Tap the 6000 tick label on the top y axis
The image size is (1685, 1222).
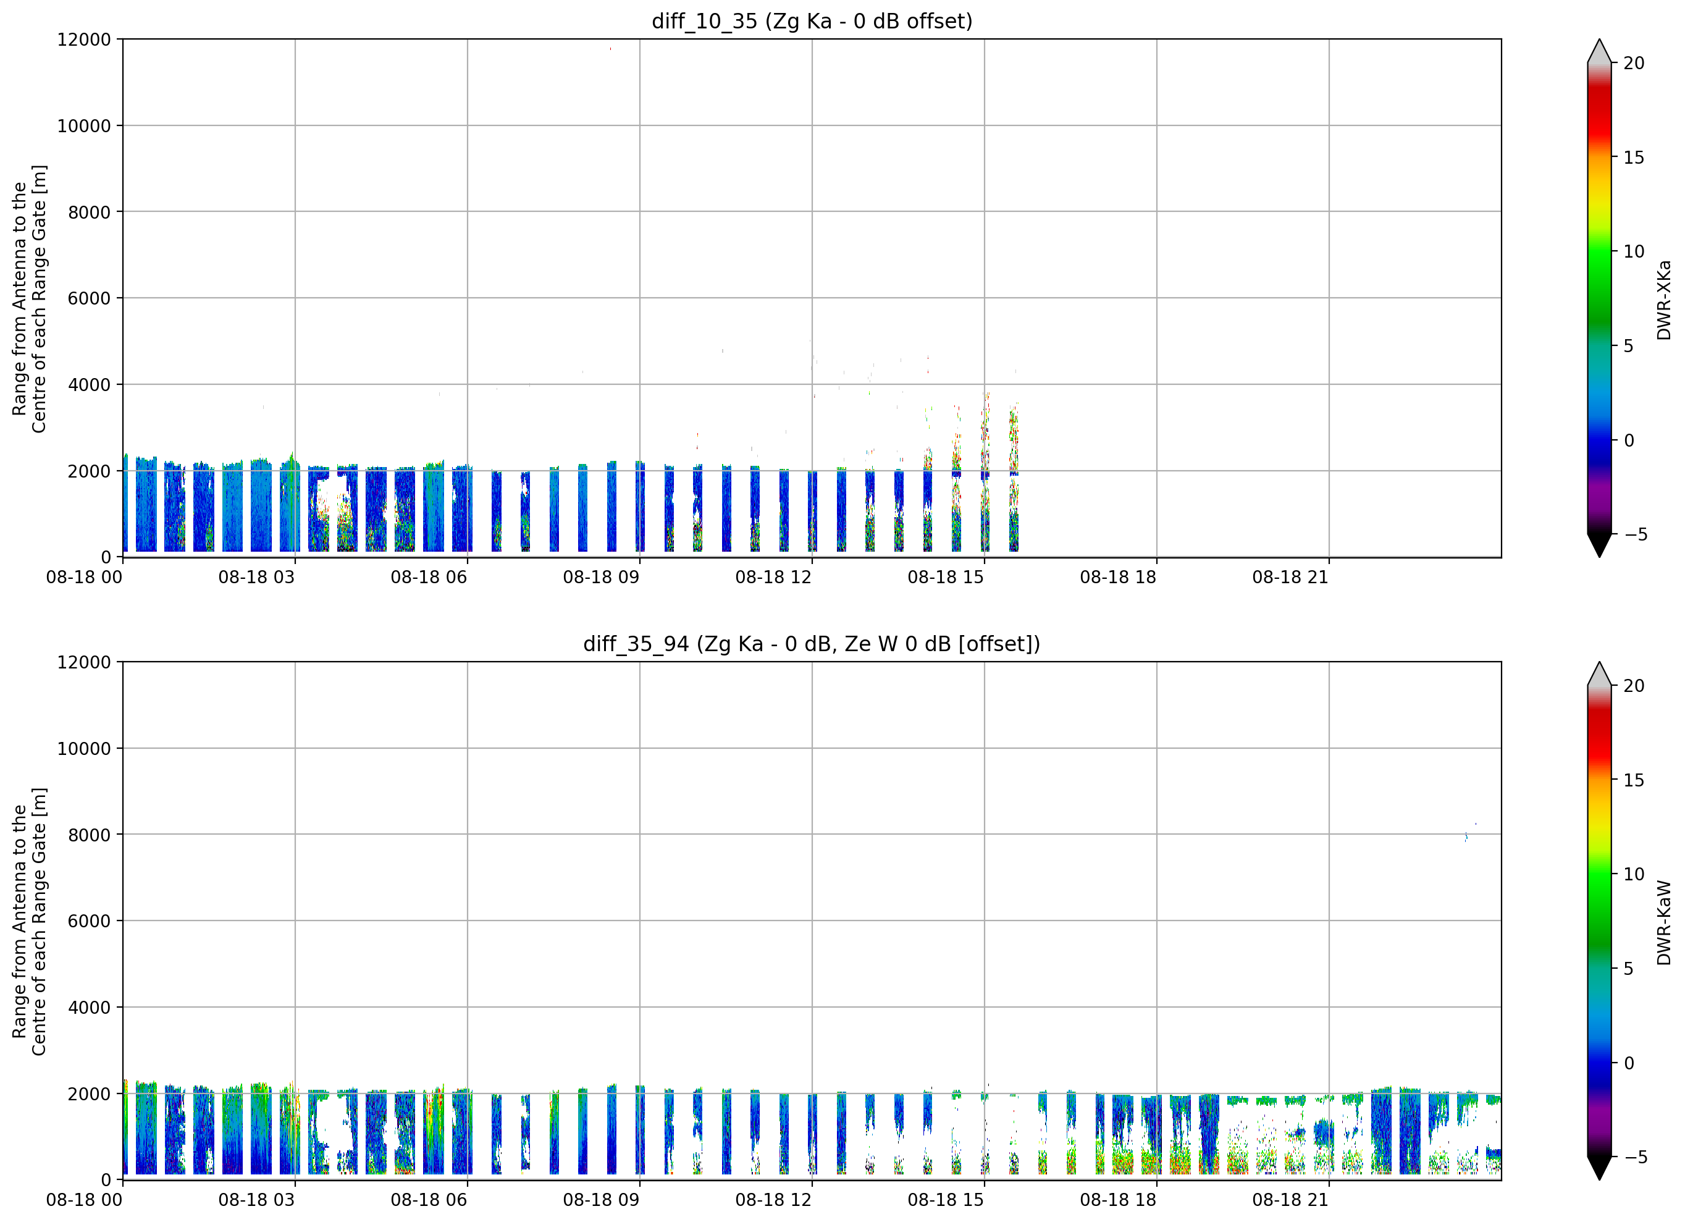[89, 298]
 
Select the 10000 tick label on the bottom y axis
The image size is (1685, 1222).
[84, 749]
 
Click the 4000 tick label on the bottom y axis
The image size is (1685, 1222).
[89, 1007]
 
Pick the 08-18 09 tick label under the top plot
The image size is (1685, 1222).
[601, 577]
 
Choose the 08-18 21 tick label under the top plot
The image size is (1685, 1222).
[1290, 577]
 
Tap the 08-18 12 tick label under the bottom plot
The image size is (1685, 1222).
[773, 1200]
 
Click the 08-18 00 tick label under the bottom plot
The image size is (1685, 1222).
[84, 1200]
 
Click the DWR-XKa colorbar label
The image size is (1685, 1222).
[1663, 300]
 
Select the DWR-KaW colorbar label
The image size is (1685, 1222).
[1663, 922]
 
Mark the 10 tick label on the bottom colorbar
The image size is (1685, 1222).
[1634, 874]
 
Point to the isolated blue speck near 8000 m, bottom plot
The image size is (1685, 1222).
[1466, 837]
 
